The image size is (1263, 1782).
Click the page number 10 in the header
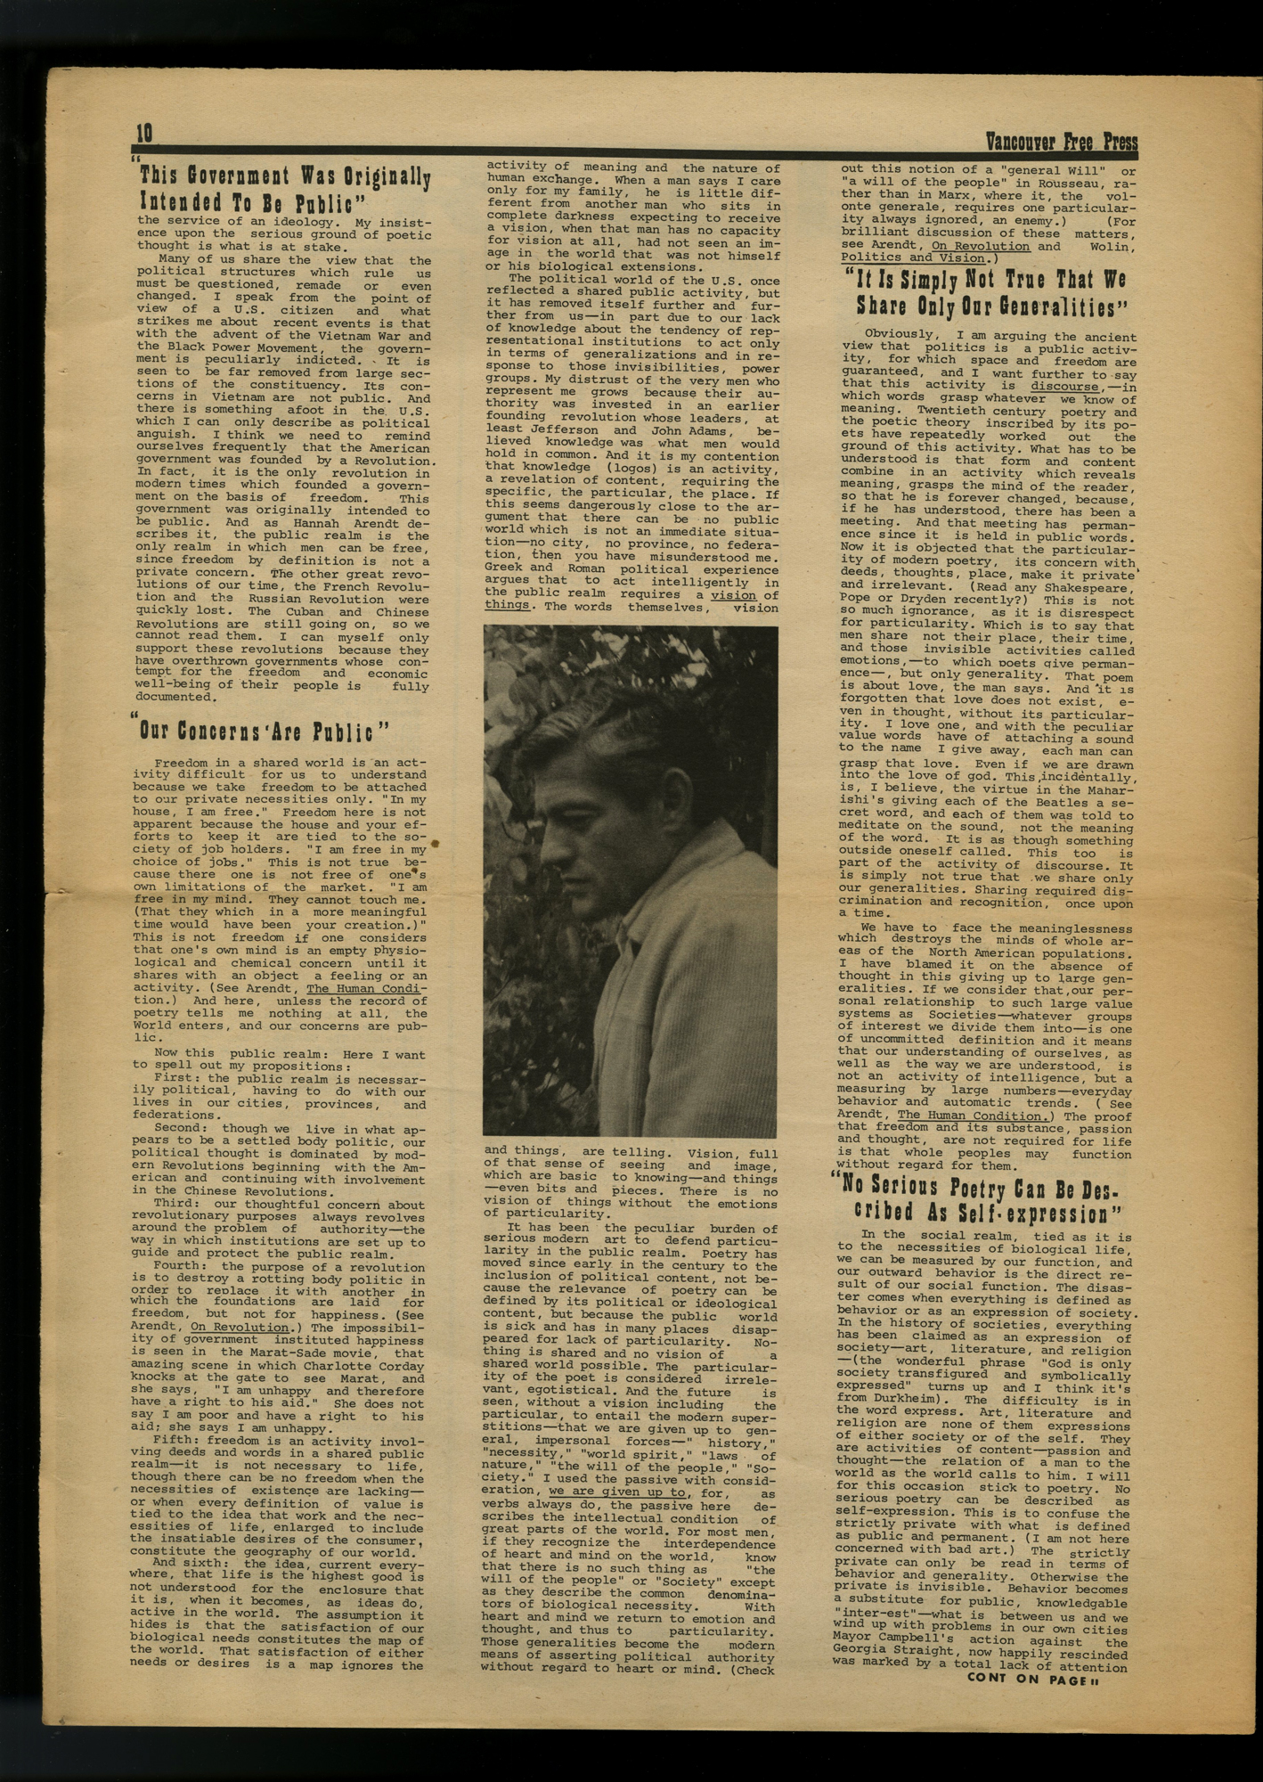pos(144,133)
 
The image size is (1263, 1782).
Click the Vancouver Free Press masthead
pos(1061,141)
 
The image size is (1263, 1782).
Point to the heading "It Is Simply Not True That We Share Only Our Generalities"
pos(989,293)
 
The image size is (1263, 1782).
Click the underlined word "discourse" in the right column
pos(1064,387)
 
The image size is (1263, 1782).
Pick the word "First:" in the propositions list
pos(178,1078)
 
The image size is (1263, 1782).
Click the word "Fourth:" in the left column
pos(182,1266)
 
